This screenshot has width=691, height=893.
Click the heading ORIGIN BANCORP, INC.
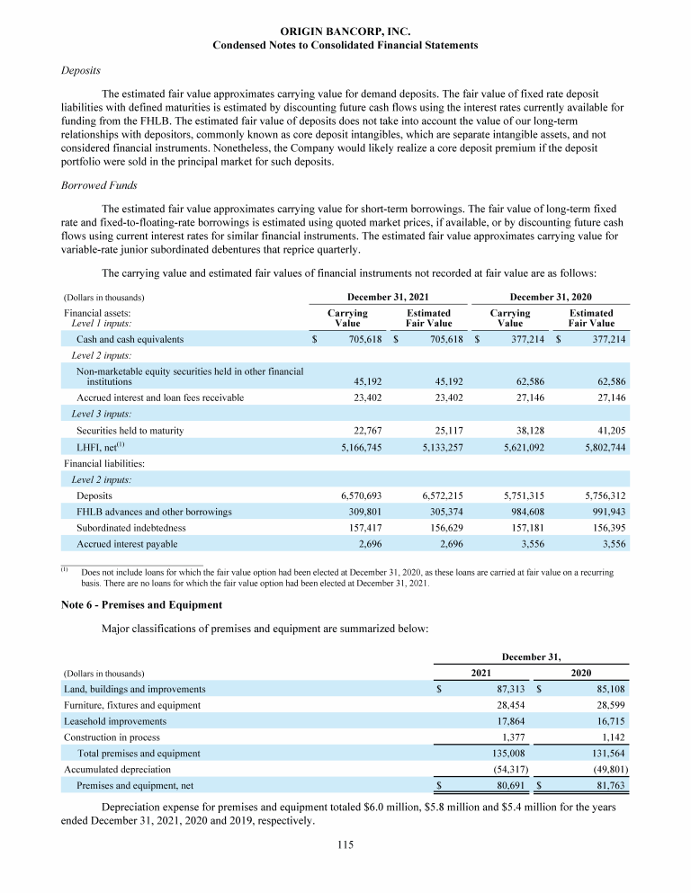tap(345, 31)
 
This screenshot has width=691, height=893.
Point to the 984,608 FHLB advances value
tap(524, 512)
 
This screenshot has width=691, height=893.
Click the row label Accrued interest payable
tap(127, 544)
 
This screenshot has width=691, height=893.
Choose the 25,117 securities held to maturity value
tap(447, 431)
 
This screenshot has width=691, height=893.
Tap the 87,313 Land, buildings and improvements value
tap(493, 689)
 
